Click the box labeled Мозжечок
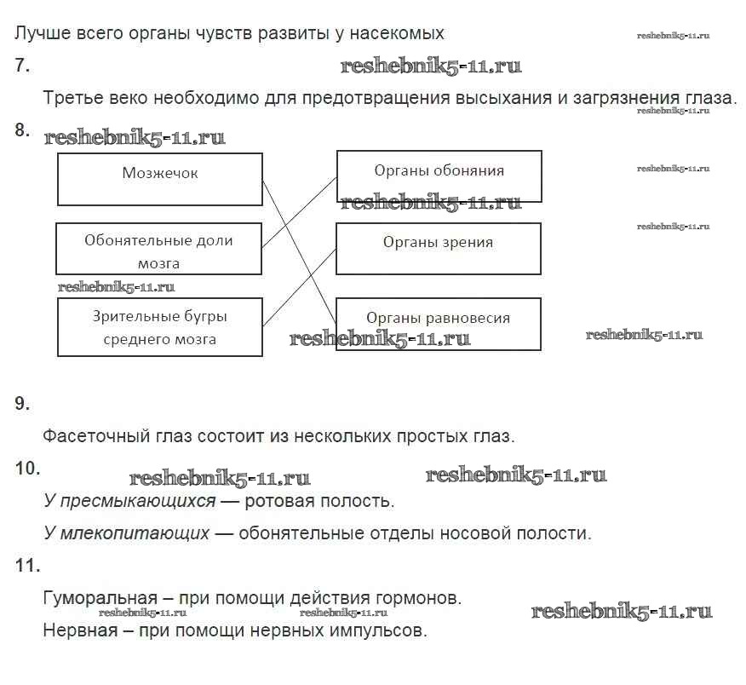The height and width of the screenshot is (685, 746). [x=160, y=179]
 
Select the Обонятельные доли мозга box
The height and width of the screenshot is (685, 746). [x=158, y=249]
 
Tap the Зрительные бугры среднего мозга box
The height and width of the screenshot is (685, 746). [x=159, y=328]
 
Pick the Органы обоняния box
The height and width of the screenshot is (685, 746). [x=439, y=176]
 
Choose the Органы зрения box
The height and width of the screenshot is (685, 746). [x=438, y=249]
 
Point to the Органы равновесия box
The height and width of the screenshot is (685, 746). [x=438, y=324]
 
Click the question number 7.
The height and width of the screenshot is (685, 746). [x=22, y=66]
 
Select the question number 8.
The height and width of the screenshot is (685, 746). [x=22, y=130]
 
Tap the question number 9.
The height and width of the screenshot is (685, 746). [x=22, y=404]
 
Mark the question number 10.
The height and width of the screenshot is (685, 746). [x=27, y=468]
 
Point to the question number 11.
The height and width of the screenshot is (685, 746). [x=27, y=565]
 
